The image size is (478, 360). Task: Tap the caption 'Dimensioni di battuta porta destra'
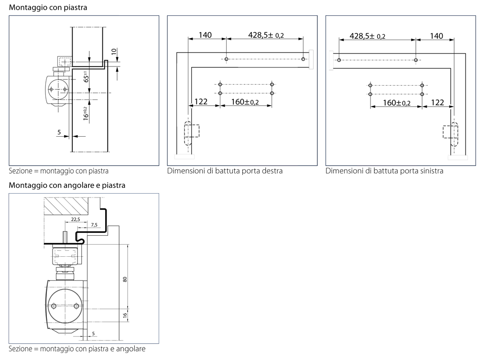tap(225, 171)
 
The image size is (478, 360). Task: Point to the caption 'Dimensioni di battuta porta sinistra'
tap(384, 171)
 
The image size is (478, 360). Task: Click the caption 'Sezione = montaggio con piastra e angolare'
tap(77, 349)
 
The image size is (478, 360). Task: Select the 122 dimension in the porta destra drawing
tap(201, 102)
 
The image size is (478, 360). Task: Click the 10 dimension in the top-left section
tap(113, 51)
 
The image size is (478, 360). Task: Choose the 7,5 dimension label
tap(94, 224)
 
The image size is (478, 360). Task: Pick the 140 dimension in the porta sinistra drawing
tap(436, 36)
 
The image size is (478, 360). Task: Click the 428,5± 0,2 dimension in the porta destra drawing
tap(266, 35)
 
